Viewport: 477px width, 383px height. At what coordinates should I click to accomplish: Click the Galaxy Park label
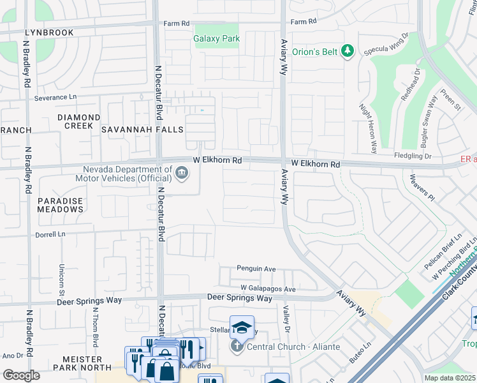point(217,39)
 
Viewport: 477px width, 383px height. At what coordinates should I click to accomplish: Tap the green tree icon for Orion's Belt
point(348,50)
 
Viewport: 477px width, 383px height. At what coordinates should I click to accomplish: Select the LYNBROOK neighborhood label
point(49,32)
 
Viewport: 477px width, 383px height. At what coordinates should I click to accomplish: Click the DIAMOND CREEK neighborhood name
point(78,123)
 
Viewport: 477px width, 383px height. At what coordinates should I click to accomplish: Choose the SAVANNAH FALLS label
point(142,130)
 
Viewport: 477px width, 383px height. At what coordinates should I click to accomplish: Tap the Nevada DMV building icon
point(182,172)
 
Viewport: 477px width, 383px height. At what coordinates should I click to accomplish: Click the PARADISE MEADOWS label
point(60,206)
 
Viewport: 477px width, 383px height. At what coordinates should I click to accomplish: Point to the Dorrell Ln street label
point(51,234)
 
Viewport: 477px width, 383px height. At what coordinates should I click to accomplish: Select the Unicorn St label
point(62,276)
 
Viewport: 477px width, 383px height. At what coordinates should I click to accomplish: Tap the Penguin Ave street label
point(256,269)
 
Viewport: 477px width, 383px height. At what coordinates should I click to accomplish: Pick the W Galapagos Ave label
point(268,289)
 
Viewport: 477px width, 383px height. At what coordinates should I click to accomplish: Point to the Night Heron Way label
point(367,128)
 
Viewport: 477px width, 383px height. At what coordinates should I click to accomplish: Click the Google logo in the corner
point(21,375)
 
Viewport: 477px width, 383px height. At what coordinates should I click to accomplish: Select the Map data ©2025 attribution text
point(449,378)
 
